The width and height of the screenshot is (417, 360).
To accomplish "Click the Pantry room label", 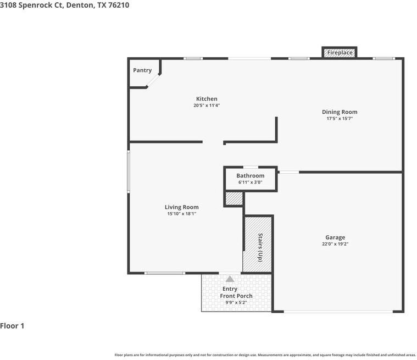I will coord(142,70).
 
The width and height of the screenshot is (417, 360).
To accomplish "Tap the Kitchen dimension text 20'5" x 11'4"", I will coord(207,106).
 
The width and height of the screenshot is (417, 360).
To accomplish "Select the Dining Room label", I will coord(340,112).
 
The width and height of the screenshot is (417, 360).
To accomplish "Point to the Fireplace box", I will coord(340,53).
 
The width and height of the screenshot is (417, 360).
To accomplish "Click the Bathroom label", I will coord(251,176).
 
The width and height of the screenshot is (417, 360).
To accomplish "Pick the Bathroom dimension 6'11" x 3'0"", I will coord(251,182).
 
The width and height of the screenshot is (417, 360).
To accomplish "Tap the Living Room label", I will coord(182,207).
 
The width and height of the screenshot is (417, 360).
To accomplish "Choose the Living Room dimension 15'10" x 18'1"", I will coord(182,214).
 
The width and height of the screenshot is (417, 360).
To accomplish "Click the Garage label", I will coord(335,237).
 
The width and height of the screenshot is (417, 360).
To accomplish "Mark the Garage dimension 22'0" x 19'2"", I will coord(335,244).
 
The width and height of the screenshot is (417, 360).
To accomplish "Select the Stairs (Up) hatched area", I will coord(258,244).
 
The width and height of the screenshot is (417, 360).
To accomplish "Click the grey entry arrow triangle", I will coord(230,279).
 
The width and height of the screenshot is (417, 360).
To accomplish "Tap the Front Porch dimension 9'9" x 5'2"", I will coord(236,302).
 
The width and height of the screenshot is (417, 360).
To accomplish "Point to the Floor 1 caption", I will coord(12,326).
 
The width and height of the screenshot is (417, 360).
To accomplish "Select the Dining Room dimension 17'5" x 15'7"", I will coord(340,119).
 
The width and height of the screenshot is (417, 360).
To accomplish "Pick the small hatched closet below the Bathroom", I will coord(234,198).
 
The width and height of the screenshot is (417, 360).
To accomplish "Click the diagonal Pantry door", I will coord(154,80).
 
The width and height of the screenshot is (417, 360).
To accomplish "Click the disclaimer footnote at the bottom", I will coord(265,355).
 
